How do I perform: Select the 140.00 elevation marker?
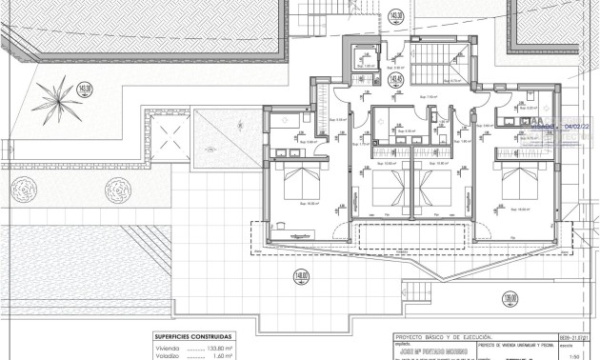click(x=302, y=277)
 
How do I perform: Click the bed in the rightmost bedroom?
click(x=520, y=181)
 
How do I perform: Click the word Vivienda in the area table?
click(x=168, y=348)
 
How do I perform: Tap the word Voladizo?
click(x=168, y=356)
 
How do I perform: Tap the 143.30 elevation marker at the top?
click(x=397, y=16)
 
